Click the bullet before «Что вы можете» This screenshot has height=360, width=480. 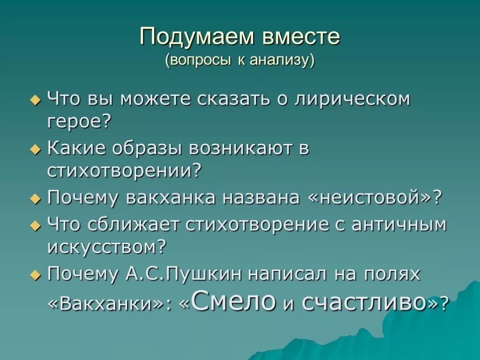pos(36,100)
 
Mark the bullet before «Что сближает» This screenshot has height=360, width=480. pos(36,226)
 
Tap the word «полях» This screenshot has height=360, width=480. pos(394,273)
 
